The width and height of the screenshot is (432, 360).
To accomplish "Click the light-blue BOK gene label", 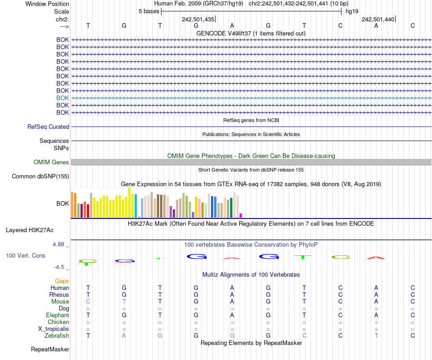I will [x=63, y=98].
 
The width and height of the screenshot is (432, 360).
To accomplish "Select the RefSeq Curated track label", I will [x=48, y=127].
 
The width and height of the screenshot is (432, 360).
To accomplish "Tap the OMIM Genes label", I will [x=51, y=162].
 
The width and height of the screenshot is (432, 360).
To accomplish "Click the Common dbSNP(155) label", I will [x=40, y=177].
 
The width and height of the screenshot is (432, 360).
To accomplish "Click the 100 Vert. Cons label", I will [x=25, y=256].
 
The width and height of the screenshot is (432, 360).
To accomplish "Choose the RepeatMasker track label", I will [x=50, y=350].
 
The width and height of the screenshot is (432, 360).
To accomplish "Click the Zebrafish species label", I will [x=57, y=335].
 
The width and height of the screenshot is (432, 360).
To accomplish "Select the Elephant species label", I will [x=57, y=315].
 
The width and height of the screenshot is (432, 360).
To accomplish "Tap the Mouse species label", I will [x=60, y=301].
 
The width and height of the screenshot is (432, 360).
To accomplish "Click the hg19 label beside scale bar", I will [x=352, y=11].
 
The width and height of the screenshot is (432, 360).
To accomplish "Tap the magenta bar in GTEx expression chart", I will [x=241, y=215].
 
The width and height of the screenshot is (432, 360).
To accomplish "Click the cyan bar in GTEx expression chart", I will [x=136, y=206].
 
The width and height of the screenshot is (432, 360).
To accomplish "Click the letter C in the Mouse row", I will [x=88, y=301].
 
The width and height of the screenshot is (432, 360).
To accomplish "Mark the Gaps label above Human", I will [x=62, y=281].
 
